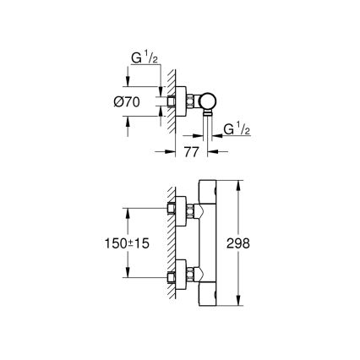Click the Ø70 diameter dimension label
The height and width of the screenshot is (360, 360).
click(141, 102)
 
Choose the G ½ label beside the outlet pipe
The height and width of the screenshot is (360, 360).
click(237, 128)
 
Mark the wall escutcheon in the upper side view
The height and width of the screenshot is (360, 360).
click(179, 101)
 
